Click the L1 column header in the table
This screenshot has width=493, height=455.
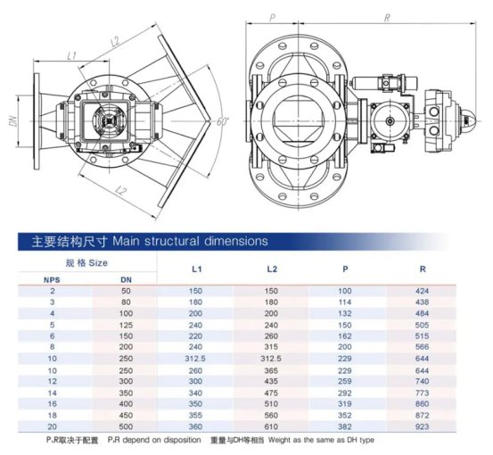pos(196,269)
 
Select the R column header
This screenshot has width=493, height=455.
pos(423,269)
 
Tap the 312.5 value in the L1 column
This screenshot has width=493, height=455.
pos(195,359)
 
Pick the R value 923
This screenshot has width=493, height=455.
pos(422,426)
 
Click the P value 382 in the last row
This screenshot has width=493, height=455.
pos(345,426)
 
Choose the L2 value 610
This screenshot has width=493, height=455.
pos(271,426)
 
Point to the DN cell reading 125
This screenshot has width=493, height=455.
pos(126,325)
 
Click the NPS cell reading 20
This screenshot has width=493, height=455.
pos(53,426)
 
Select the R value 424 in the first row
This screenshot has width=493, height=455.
pos(422,291)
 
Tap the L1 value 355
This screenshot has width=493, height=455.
pos(195,416)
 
